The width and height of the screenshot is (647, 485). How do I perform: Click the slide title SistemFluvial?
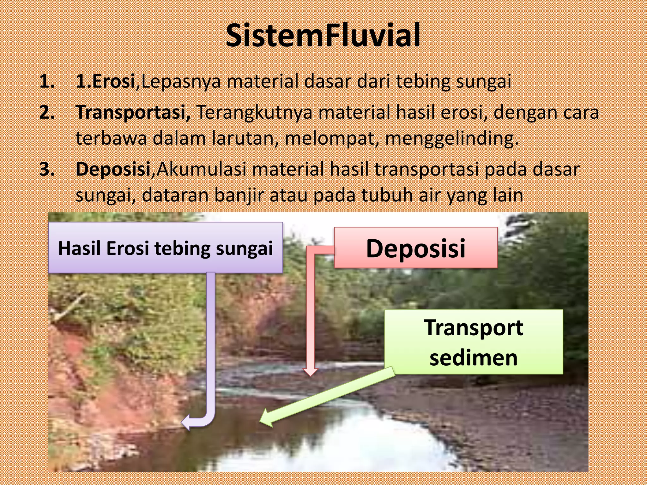tap(323, 35)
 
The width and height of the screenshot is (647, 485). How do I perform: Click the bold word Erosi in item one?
tap(114, 81)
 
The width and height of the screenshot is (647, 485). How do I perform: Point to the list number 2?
tap(47, 112)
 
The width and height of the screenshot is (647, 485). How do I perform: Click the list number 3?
tap(47, 169)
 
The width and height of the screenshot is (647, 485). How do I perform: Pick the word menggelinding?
tap(452, 138)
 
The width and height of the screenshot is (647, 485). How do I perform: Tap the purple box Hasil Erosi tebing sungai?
tap(165, 248)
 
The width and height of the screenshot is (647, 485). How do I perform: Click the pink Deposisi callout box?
tap(416, 248)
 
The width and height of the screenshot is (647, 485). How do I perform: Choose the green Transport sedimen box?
tap(474, 342)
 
